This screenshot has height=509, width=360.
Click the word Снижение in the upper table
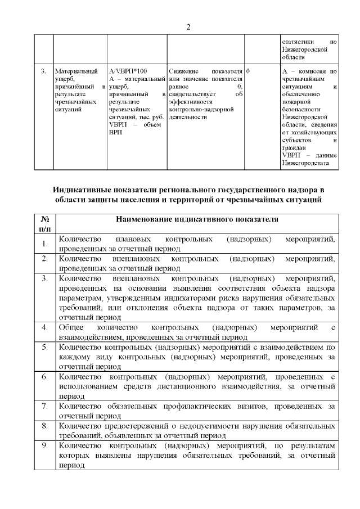click(x=183, y=71)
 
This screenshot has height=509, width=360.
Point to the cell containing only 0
click(x=248, y=71)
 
